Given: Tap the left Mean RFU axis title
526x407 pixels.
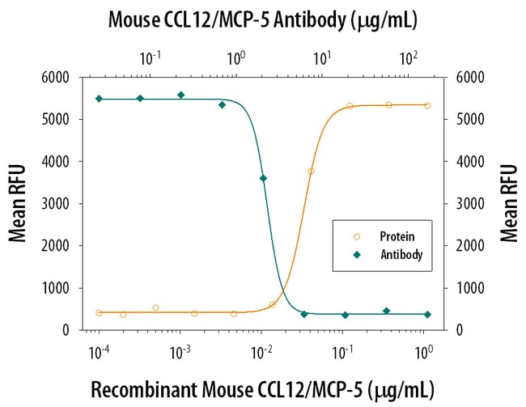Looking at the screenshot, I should click(18, 203).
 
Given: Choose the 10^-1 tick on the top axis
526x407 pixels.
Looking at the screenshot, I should click(149, 57).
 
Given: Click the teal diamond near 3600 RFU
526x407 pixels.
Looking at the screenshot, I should click(263, 178).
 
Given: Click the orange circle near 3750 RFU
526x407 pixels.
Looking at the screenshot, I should click(311, 171).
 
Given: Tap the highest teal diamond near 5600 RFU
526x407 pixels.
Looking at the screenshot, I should click(180, 95).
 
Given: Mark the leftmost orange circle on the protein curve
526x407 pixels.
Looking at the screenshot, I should click(99, 312).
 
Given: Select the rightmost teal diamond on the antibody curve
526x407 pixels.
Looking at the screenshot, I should click(427, 314).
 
